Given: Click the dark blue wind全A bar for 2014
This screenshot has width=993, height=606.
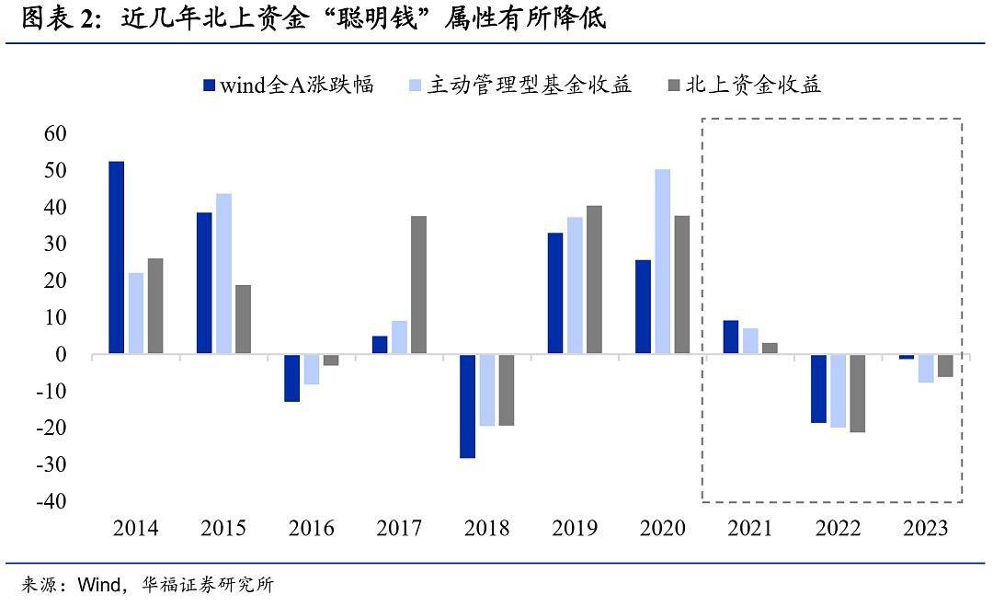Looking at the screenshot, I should tap(117, 257).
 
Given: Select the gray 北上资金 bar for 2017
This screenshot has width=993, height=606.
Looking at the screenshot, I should tap(418, 285).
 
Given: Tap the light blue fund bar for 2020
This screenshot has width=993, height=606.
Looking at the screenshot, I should tap(663, 262).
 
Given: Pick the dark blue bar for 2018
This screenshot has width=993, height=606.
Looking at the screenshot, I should tap(468, 406).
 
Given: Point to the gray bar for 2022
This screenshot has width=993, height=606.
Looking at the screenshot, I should tap(857, 393).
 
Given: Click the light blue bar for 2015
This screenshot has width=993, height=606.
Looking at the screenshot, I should tap(223, 274).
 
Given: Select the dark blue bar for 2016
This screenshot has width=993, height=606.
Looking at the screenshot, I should tap(291, 378).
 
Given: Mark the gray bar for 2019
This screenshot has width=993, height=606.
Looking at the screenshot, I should tap(594, 280).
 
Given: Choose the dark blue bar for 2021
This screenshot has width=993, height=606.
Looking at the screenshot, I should tap(731, 337).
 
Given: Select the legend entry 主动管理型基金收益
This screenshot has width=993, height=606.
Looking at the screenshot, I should tap(519, 86).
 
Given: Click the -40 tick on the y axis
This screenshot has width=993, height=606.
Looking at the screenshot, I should tap(51, 502).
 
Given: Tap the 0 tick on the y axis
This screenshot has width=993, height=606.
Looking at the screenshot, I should tap(61, 355).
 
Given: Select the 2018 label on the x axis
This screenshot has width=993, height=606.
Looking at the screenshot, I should tap(486, 529).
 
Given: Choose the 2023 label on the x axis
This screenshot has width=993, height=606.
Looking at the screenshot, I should tap(927, 529).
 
